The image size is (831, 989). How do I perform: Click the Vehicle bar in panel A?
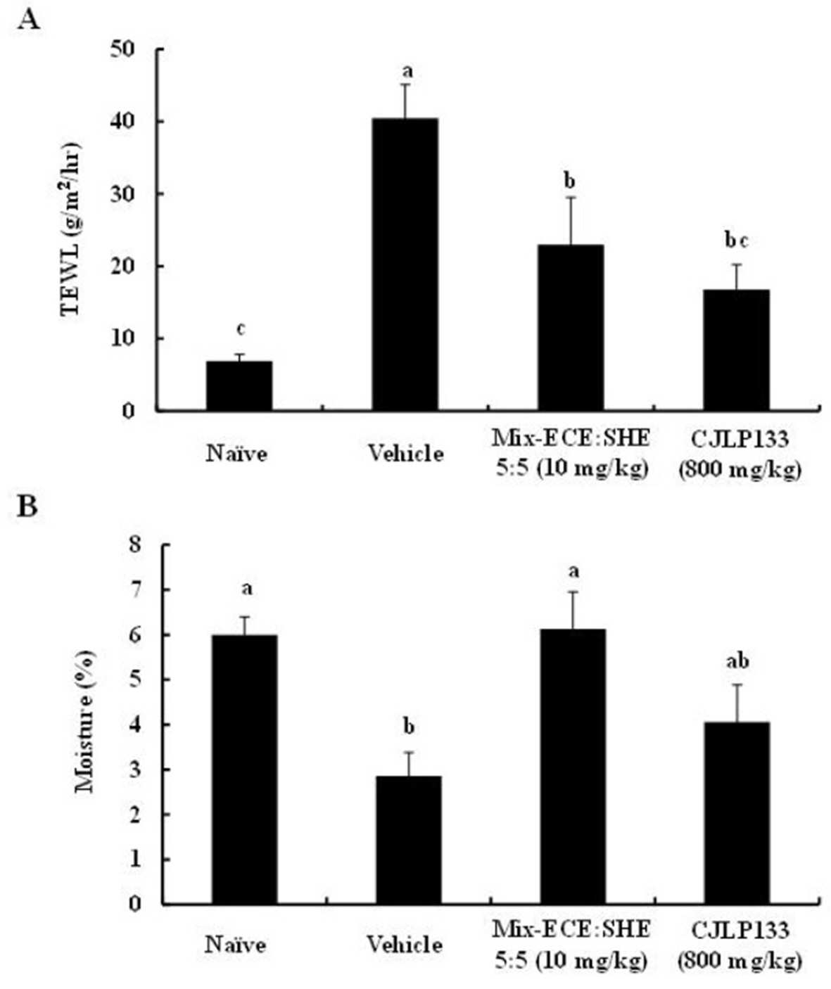tap(405, 264)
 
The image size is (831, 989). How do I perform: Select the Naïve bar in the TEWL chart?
tap(239, 385)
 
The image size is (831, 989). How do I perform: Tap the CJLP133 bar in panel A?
tap(736, 350)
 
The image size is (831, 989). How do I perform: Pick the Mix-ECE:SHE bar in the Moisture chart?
tap(573, 767)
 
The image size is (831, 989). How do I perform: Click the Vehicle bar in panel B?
tap(408, 840)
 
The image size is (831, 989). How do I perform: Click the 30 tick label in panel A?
tap(122, 194)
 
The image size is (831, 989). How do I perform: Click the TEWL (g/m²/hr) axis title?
tap(70, 229)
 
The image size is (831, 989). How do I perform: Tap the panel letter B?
tap(27, 507)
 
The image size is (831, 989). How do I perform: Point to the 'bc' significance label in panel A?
tap(736, 241)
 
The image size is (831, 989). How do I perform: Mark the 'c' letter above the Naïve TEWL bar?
tap(241, 328)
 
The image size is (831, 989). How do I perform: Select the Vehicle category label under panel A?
tap(406, 454)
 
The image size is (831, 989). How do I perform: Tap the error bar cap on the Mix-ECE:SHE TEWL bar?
tap(571, 197)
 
